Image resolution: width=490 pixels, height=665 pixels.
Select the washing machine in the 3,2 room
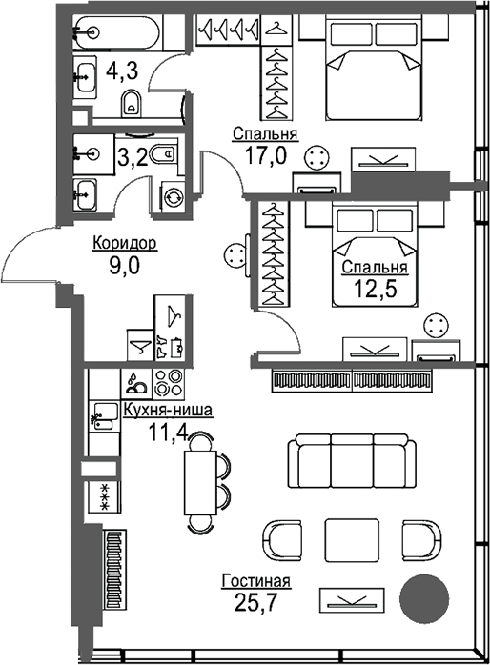174,196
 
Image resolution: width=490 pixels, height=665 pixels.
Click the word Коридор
124,245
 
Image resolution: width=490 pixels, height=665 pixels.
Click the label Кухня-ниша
169,412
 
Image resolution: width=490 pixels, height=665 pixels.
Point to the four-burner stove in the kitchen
168,382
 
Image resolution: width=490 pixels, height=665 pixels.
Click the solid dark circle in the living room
423,598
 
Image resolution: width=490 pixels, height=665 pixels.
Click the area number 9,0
124,266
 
